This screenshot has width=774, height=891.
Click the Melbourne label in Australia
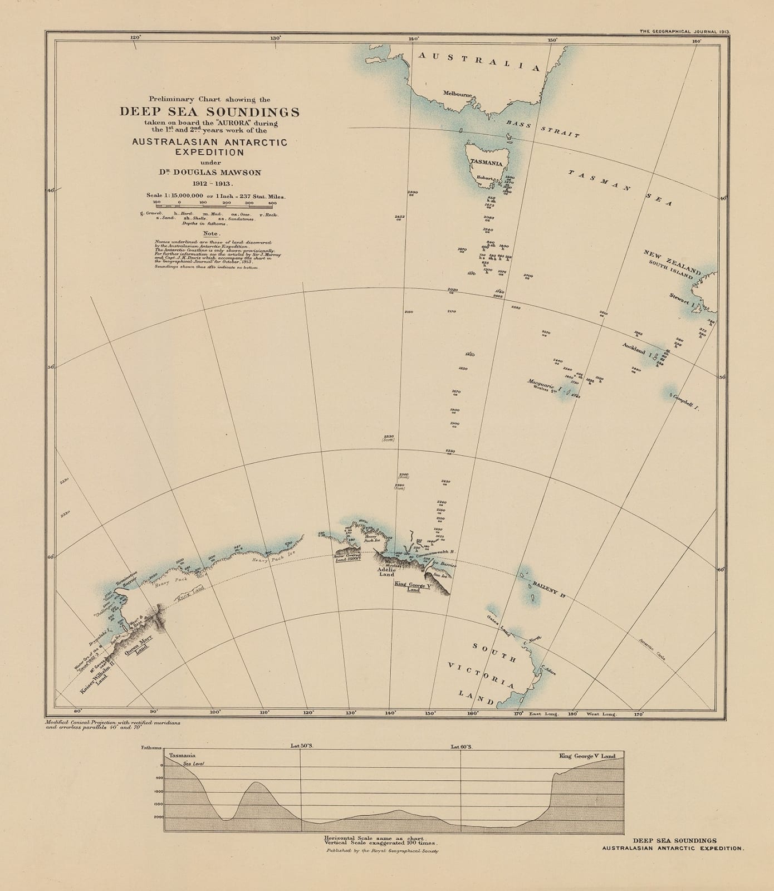[x=458, y=94]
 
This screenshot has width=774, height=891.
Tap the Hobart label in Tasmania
[x=484, y=178]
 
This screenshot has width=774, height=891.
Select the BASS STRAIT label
[x=543, y=129]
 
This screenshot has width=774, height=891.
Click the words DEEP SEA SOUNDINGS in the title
[x=209, y=111]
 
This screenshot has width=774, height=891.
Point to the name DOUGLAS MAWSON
[x=214, y=173]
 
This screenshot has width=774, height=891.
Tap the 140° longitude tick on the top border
[x=413, y=39]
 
